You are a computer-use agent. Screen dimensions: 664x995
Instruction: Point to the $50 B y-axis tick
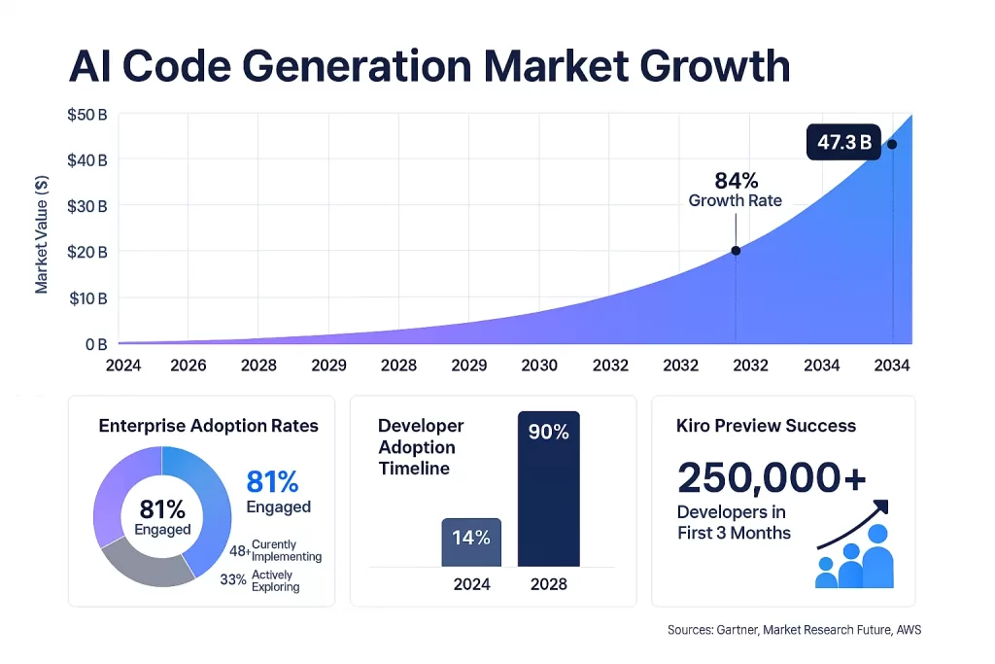[86, 115]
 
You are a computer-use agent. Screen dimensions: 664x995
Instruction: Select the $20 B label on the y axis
[86, 252]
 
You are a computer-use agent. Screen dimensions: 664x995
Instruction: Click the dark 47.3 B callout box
[842, 143]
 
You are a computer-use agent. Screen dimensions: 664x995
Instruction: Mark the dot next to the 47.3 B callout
[892, 144]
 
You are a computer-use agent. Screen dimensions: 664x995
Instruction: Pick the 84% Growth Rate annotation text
[736, 190]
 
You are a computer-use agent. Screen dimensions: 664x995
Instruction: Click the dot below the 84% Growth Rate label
[736, 251]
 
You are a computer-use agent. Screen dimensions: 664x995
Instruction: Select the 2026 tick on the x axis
[188, 366]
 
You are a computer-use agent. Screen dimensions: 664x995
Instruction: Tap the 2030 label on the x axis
[539, 366]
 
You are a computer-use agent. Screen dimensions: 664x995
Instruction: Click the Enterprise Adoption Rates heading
[208, 426]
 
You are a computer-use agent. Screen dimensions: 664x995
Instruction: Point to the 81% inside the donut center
[162, 508]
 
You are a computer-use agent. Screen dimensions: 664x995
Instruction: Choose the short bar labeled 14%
[471, 541]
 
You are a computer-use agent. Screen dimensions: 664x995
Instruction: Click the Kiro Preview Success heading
[766, 426]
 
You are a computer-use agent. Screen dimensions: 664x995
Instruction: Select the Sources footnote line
[794, 630]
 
